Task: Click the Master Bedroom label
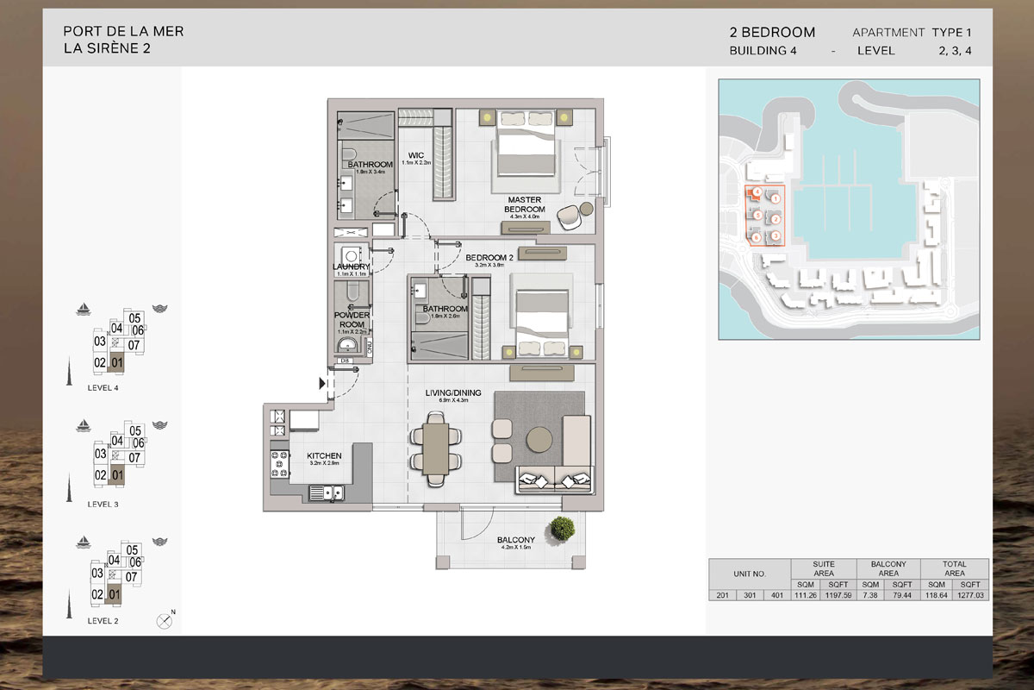pyautogui.click(x=526, y=204)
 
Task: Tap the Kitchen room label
pyautogui.click(x=325, y=455)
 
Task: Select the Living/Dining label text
pyautogui.click(x=446, y=393)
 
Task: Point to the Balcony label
pyautogui.click(x=515, y=541)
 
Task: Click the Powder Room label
pyautogui.click(x=352, y=320)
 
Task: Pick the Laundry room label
pyautogui.click(x=351, y=267)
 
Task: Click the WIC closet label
pyautogui.click(x=415, y=156)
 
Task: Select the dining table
pyautogui.click(x=436, y=445)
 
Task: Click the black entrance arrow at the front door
pyautogui.click(x=323, y=384)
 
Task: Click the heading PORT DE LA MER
pyautogui.click(x=123, y=32)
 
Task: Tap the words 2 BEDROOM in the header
pyautogui.click(x=772, y=33)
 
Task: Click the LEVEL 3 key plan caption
pyautogui.click(x=103, y=504)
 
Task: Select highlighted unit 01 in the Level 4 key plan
pyautogui.click(x=117, y=363)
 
